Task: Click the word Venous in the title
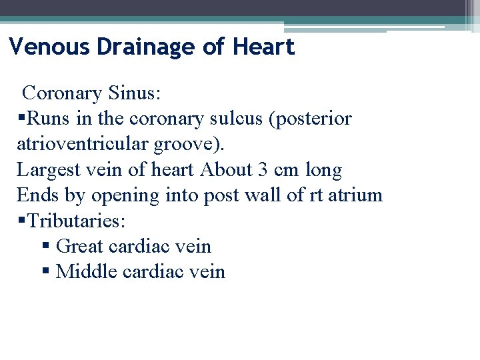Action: pos(50,47)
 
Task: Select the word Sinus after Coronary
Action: pos(142,93)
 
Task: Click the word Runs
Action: pos(44,119)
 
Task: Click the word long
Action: pos(323,170)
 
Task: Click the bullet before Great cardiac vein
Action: pos(46,247)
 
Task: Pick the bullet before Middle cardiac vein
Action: pos(46,272)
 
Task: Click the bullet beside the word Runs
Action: pos(21,119)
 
